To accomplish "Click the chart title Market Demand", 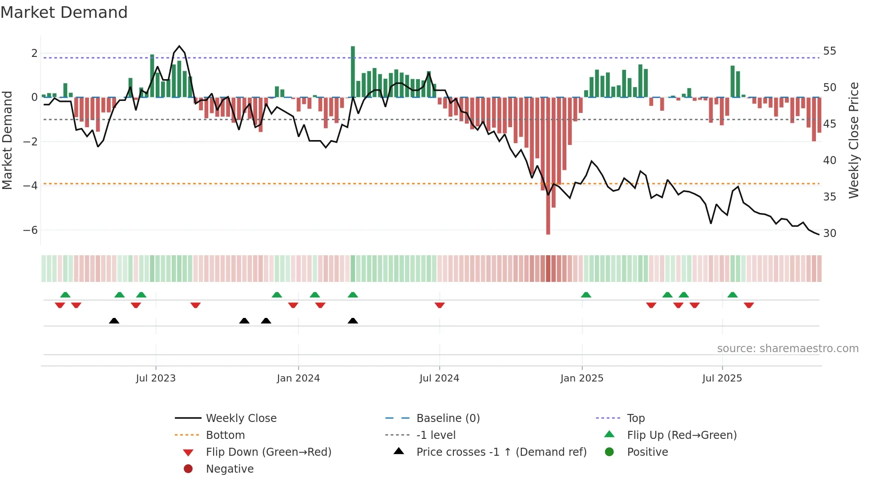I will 64,12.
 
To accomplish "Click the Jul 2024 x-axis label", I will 439,378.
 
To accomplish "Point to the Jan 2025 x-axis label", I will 581,378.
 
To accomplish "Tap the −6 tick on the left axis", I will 31,230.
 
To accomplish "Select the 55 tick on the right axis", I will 829,51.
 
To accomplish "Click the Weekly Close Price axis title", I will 853,140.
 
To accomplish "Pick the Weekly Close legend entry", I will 241,418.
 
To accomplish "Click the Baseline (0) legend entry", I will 448,418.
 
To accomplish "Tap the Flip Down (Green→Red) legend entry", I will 268,452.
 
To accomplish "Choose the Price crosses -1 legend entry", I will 501,452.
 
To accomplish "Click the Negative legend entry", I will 230,469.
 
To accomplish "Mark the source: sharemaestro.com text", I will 787,349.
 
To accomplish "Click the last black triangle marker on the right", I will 353,321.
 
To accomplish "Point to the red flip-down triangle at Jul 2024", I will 440,305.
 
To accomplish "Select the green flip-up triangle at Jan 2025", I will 586,295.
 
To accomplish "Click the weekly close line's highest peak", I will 179,46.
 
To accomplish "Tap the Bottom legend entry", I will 225,435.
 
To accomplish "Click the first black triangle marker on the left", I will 114,321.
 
